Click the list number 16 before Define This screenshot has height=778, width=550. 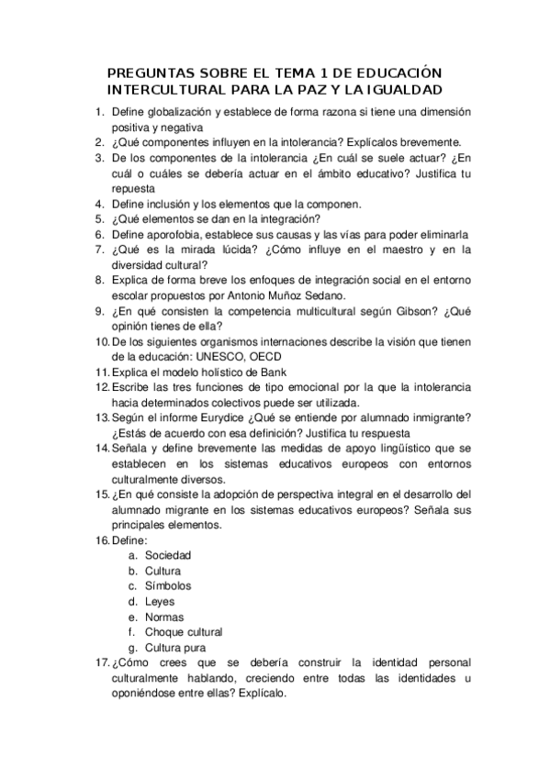click(x=102, y=540)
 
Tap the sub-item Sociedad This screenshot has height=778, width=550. click(x=168, y=555)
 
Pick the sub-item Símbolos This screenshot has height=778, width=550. click(x=168, y=585)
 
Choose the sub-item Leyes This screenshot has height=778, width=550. click(x=159, y=601)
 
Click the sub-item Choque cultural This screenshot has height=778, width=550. click(x=184, y=631)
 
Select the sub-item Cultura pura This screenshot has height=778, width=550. click(x=175, y=647)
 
